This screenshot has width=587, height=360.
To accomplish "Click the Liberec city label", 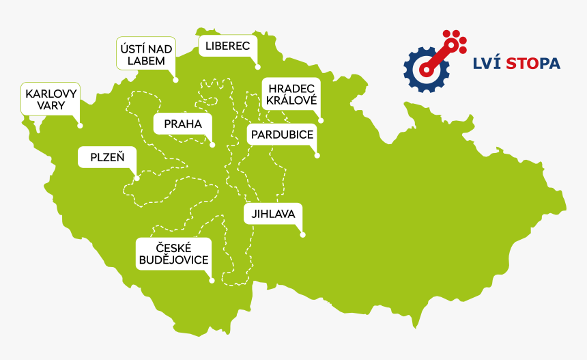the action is click(x=228, y=46).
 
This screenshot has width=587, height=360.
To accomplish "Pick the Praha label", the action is click(x=183, y=124).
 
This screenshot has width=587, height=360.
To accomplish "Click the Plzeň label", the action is click(x=107, y=157).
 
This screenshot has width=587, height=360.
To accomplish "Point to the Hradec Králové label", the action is click(x=291, y=94).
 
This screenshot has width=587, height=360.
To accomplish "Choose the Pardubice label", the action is click(x=282, y=135).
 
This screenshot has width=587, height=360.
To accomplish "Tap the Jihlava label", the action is click(x=272, y=214).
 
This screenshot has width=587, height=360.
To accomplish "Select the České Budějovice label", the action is click(x=173, y=253).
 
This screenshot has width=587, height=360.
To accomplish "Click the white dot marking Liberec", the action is click(x=258, y=67).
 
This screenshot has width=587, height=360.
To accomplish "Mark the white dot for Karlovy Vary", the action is click(x=80, y=126).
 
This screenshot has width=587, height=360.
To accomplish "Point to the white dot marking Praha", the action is click(x=212, y=145).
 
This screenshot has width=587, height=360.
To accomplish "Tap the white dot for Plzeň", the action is click(x=137, y=179).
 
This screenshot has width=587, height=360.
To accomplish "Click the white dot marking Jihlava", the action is click(x=302, y=236).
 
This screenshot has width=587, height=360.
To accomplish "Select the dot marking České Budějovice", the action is click(x=212, y=280).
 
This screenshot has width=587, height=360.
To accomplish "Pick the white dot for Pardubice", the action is click(x=317, y=156).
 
